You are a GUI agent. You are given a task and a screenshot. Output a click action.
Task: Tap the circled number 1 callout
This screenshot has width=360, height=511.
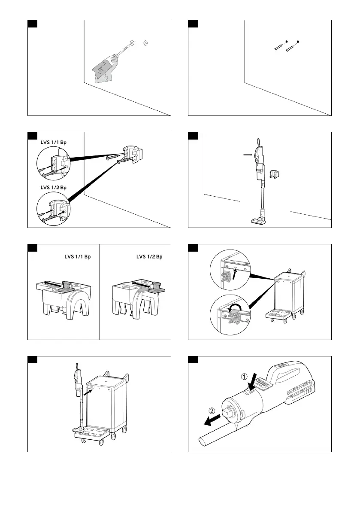[x=244, y=377]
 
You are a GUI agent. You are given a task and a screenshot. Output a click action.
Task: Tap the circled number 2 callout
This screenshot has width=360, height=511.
[x=212, y=411]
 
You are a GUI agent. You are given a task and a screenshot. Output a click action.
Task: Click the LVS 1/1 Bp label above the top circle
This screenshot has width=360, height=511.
[x=53, y=143]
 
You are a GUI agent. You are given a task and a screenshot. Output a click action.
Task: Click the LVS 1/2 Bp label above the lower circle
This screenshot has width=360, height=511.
[x=53, y=187]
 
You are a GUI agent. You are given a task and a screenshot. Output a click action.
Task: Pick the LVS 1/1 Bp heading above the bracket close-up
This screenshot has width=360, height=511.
[x=78, y=257]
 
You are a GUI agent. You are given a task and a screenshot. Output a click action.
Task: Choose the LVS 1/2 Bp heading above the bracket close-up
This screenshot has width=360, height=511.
[x=149, y=257]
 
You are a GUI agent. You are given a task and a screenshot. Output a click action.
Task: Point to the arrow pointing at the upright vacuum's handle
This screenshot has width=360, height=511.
[x=248, y=155]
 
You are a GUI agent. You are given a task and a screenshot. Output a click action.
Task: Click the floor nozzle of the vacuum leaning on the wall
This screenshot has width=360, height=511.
[x=258, y=221]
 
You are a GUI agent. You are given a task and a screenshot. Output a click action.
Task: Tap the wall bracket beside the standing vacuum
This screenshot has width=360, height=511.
[x=274, y=174]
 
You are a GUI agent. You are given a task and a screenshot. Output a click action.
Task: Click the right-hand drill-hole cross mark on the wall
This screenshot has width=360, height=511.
[x=145, y=43]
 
